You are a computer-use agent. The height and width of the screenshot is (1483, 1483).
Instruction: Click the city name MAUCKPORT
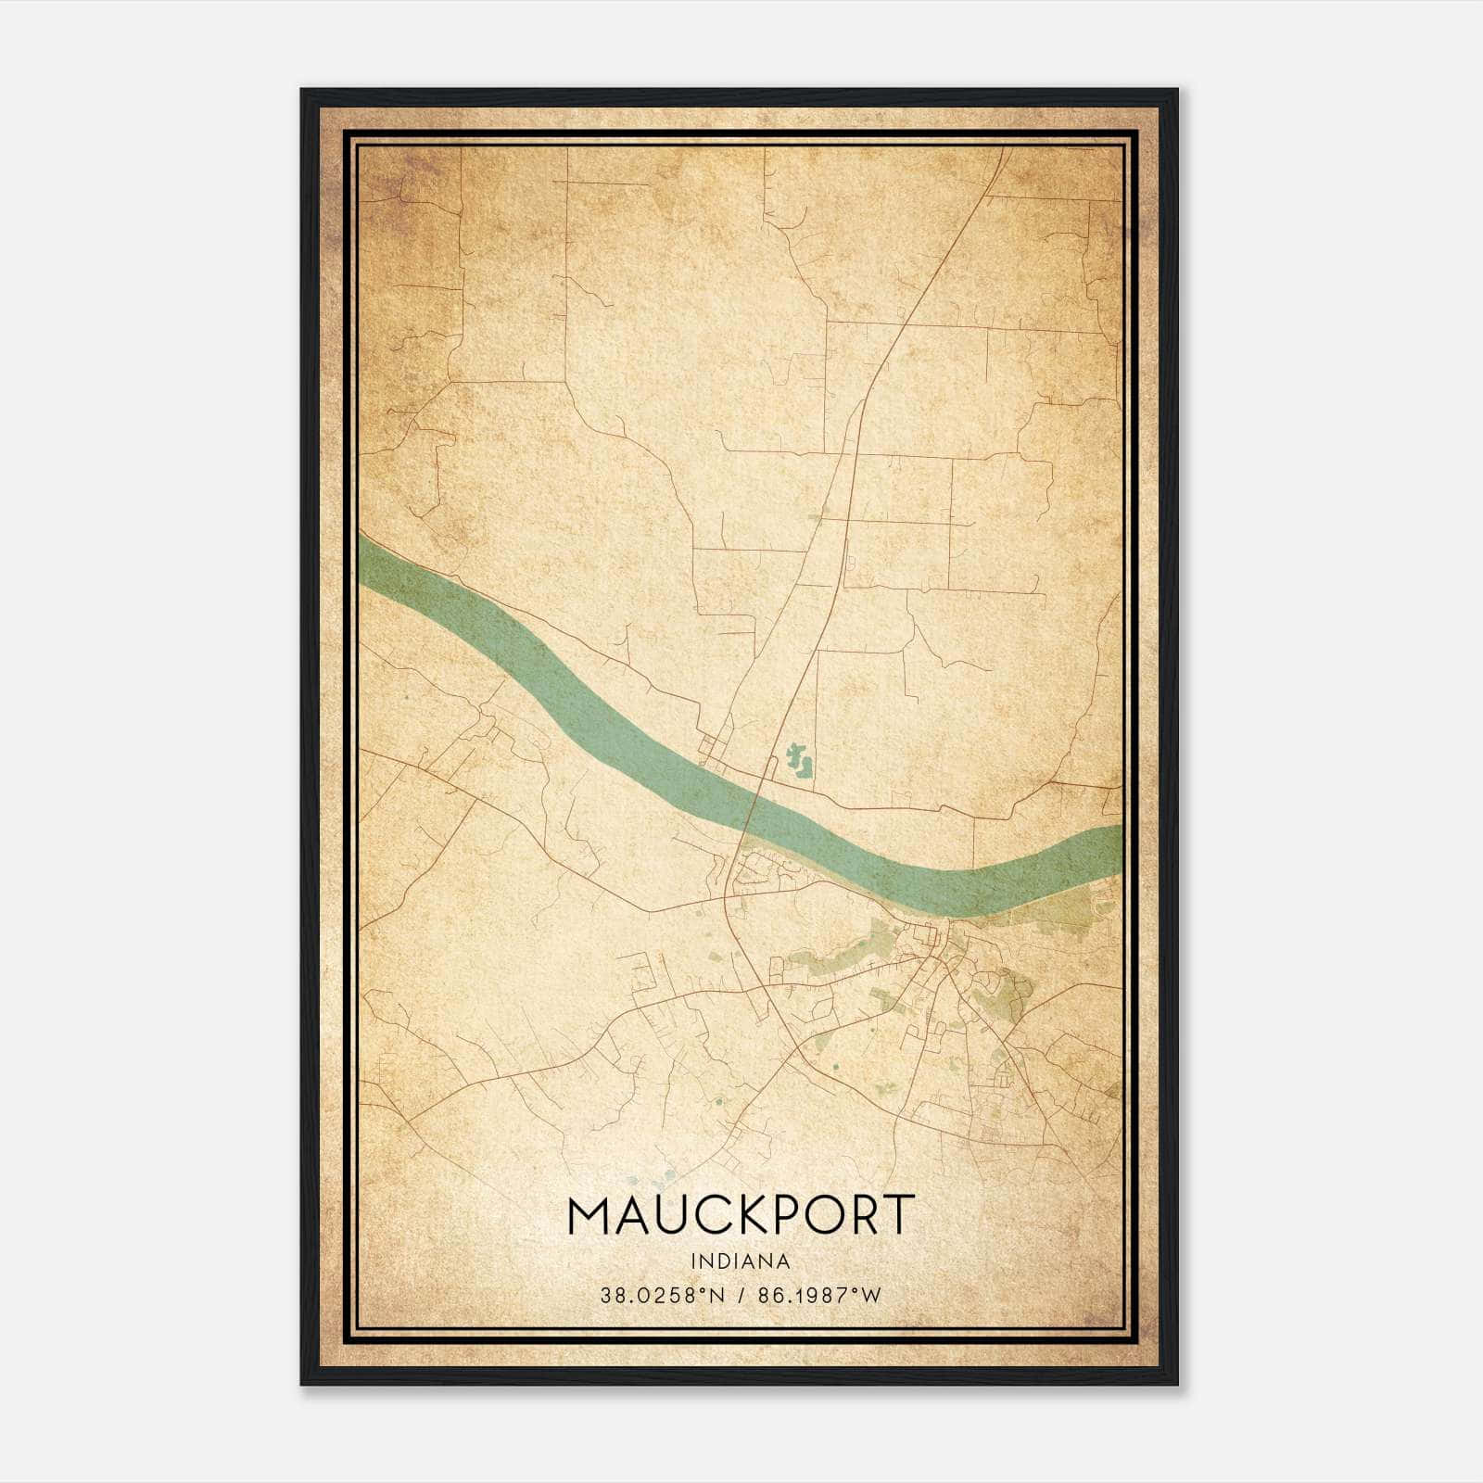tap(741, 1215)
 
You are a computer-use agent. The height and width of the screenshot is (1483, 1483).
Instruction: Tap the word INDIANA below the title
tap(741, 1261)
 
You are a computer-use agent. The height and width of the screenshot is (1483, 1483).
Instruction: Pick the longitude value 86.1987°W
tap(819, 1296)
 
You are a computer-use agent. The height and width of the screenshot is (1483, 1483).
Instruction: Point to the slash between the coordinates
tap(741, 1296)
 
